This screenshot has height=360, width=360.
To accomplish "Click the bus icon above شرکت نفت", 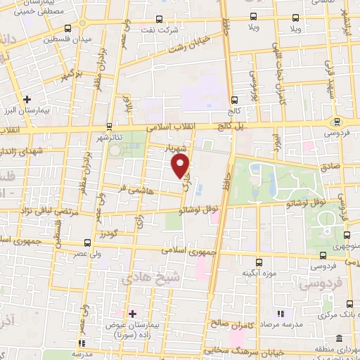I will (x=160, y=19).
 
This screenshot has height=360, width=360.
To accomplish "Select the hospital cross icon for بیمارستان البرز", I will (x=27, y=99).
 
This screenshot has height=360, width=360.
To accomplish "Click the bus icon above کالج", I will (x=233, y=100).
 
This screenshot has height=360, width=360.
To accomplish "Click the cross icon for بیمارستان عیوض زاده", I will (x=132, y=312).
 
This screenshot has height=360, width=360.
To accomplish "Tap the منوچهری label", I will (x=346, y=247).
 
